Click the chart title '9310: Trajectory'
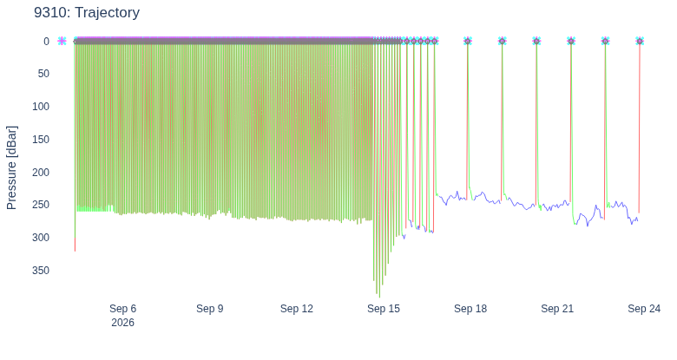(x=87, y=12)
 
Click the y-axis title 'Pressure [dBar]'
(x=11, y=168)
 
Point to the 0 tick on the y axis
(x=46, y=42)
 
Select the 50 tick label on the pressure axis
(x=43, y=74)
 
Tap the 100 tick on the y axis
(x=41, y=107)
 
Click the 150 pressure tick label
(x=41, y=140)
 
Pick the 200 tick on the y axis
(x=41, y=173)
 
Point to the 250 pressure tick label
(x=41, y=205)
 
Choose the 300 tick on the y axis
(x=41, y=238)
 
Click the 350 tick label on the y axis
(x=41, y=270)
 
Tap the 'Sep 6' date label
(x=122, y=309)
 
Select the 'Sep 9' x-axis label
(x=210, y=309)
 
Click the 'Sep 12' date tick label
(x=297, y=309)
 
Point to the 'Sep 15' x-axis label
(x=384, y=309)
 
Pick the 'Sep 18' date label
(x=470, y=309)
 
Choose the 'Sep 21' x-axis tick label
(x=557, y=309)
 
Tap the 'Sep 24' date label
(x=644, y=309)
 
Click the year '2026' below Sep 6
(x=122, y=323)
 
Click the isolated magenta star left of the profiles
(x=62, y=41)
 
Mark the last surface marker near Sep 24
(x=640, y=41)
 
